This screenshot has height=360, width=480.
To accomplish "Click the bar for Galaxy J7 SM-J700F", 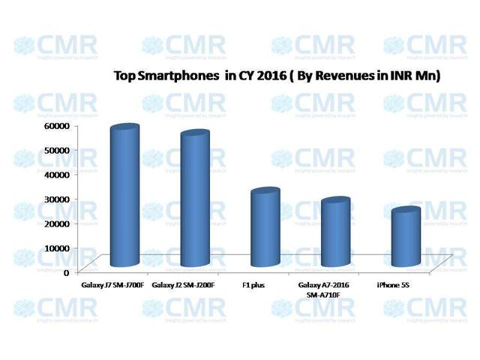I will [124, 196].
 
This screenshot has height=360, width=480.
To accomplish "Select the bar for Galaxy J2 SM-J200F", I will [193, 199].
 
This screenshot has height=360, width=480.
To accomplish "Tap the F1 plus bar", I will [264, 228].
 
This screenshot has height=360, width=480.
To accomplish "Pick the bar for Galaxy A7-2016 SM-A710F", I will [334, 232].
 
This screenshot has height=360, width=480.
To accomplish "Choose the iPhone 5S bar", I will [405, 237].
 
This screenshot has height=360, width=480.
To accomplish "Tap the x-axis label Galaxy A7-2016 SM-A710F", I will [325, 292].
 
